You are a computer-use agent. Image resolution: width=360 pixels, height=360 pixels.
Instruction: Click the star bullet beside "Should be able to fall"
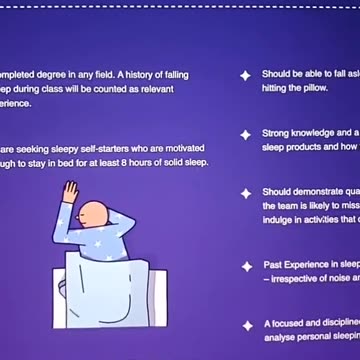point(244,74)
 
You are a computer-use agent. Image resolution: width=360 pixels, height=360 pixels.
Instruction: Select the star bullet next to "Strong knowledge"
point(244,133)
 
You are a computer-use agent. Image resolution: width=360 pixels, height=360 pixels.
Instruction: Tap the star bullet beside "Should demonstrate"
point(244,191)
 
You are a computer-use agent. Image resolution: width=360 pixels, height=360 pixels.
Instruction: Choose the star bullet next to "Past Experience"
point(244,267)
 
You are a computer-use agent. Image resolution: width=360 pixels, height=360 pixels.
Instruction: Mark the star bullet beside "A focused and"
point(244,326)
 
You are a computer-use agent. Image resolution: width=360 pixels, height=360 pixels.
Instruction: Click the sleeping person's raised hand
point(69,190)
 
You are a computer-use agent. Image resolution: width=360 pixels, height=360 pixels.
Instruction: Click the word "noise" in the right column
point(330,279)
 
